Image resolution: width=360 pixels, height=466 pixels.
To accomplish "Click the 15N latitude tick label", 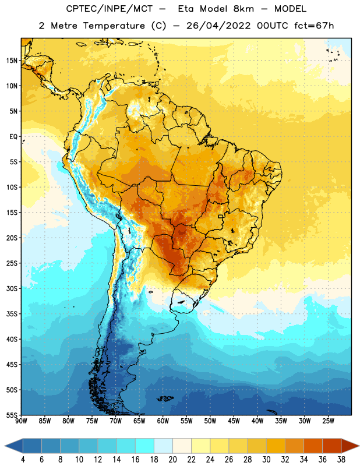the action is click(12, 61).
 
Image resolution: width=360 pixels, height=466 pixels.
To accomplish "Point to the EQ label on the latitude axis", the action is click(13, 137).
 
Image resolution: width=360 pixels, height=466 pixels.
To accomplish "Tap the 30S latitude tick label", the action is click(12, 288).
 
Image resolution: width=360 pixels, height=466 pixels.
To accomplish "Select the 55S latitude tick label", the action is click(12, 415).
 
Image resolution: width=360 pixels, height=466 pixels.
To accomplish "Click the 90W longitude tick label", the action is click(21, 421).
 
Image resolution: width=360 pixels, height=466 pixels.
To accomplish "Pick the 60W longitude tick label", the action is click(163, 421).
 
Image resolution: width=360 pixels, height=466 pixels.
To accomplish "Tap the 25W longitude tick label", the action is click(328, 421).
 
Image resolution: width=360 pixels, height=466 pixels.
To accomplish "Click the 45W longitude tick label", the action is click(234, 421).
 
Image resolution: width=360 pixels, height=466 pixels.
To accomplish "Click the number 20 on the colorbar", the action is click(172, 460).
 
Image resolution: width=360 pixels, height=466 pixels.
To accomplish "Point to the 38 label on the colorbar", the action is click(341, 460).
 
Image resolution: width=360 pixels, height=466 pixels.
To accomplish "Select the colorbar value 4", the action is click(23, 460).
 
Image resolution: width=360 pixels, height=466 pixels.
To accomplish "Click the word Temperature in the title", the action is click(114, 26).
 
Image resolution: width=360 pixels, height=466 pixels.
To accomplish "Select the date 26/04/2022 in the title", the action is click(218, 26).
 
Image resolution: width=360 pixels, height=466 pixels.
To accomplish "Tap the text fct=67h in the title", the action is click(314, 26).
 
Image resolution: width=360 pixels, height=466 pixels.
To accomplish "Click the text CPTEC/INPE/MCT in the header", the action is click(110, 9).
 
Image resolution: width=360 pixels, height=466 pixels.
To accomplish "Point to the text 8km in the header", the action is click(243, 9).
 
